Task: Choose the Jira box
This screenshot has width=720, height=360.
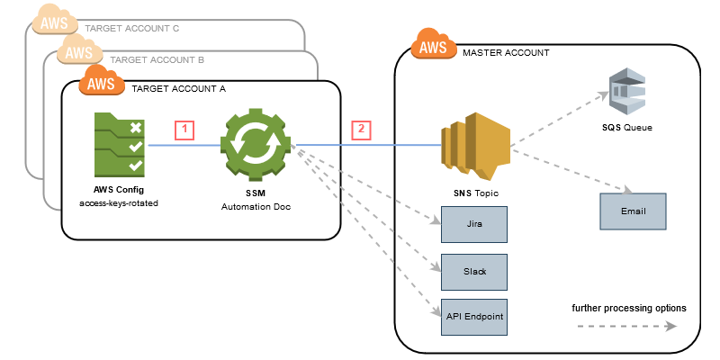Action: (x=472, y=223)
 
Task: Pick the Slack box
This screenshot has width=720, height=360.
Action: (x=472, y=269)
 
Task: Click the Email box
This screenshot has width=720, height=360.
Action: (x=633, y=211)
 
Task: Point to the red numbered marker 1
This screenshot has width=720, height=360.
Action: (x=184, y=129)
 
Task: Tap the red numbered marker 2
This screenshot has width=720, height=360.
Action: (x=362, y=129)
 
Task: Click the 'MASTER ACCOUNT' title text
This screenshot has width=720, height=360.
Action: (x=506, y=53)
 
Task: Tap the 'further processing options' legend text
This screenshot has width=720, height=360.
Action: (x=629, y=308)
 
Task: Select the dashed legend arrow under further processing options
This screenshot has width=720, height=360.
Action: (x=629, y=328)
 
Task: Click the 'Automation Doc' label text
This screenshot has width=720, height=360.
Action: (x=256, y=206)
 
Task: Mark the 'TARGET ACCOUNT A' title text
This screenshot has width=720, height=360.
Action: (x=178, y=89)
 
